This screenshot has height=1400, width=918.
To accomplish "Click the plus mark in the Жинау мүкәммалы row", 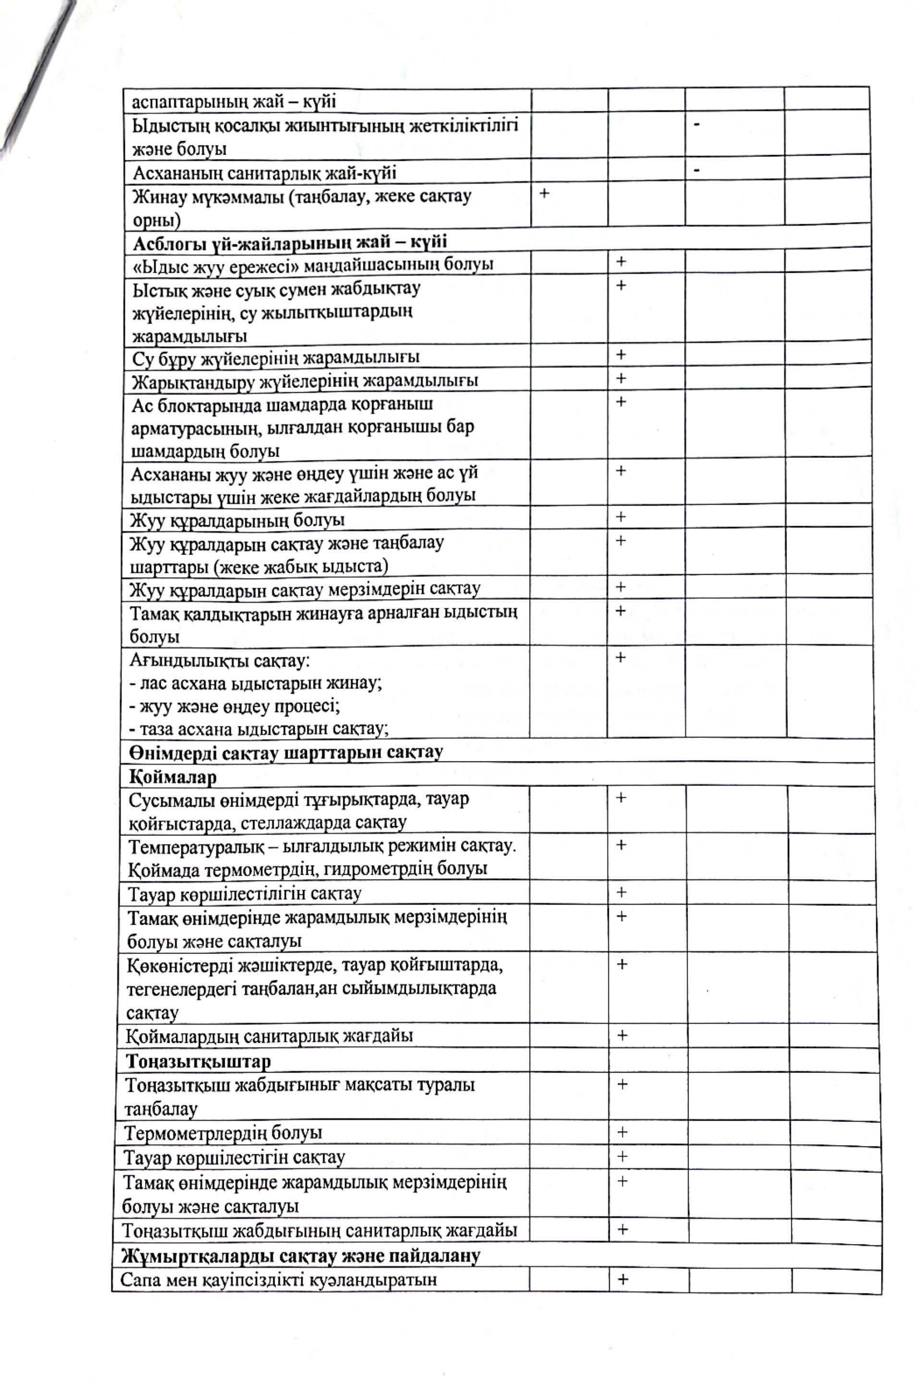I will coord(544,193).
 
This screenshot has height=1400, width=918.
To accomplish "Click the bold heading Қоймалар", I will coord(173,777).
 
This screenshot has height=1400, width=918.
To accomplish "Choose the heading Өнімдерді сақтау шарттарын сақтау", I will coord(286,752).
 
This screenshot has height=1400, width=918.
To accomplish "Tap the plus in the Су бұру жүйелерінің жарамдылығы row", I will coord(621,355).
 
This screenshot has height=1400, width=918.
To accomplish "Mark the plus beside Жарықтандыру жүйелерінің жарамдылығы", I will coord(621,378).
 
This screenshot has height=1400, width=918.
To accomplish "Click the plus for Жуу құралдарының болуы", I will coord(621,517).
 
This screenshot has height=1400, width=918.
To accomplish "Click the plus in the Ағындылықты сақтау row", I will coord(620,657).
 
